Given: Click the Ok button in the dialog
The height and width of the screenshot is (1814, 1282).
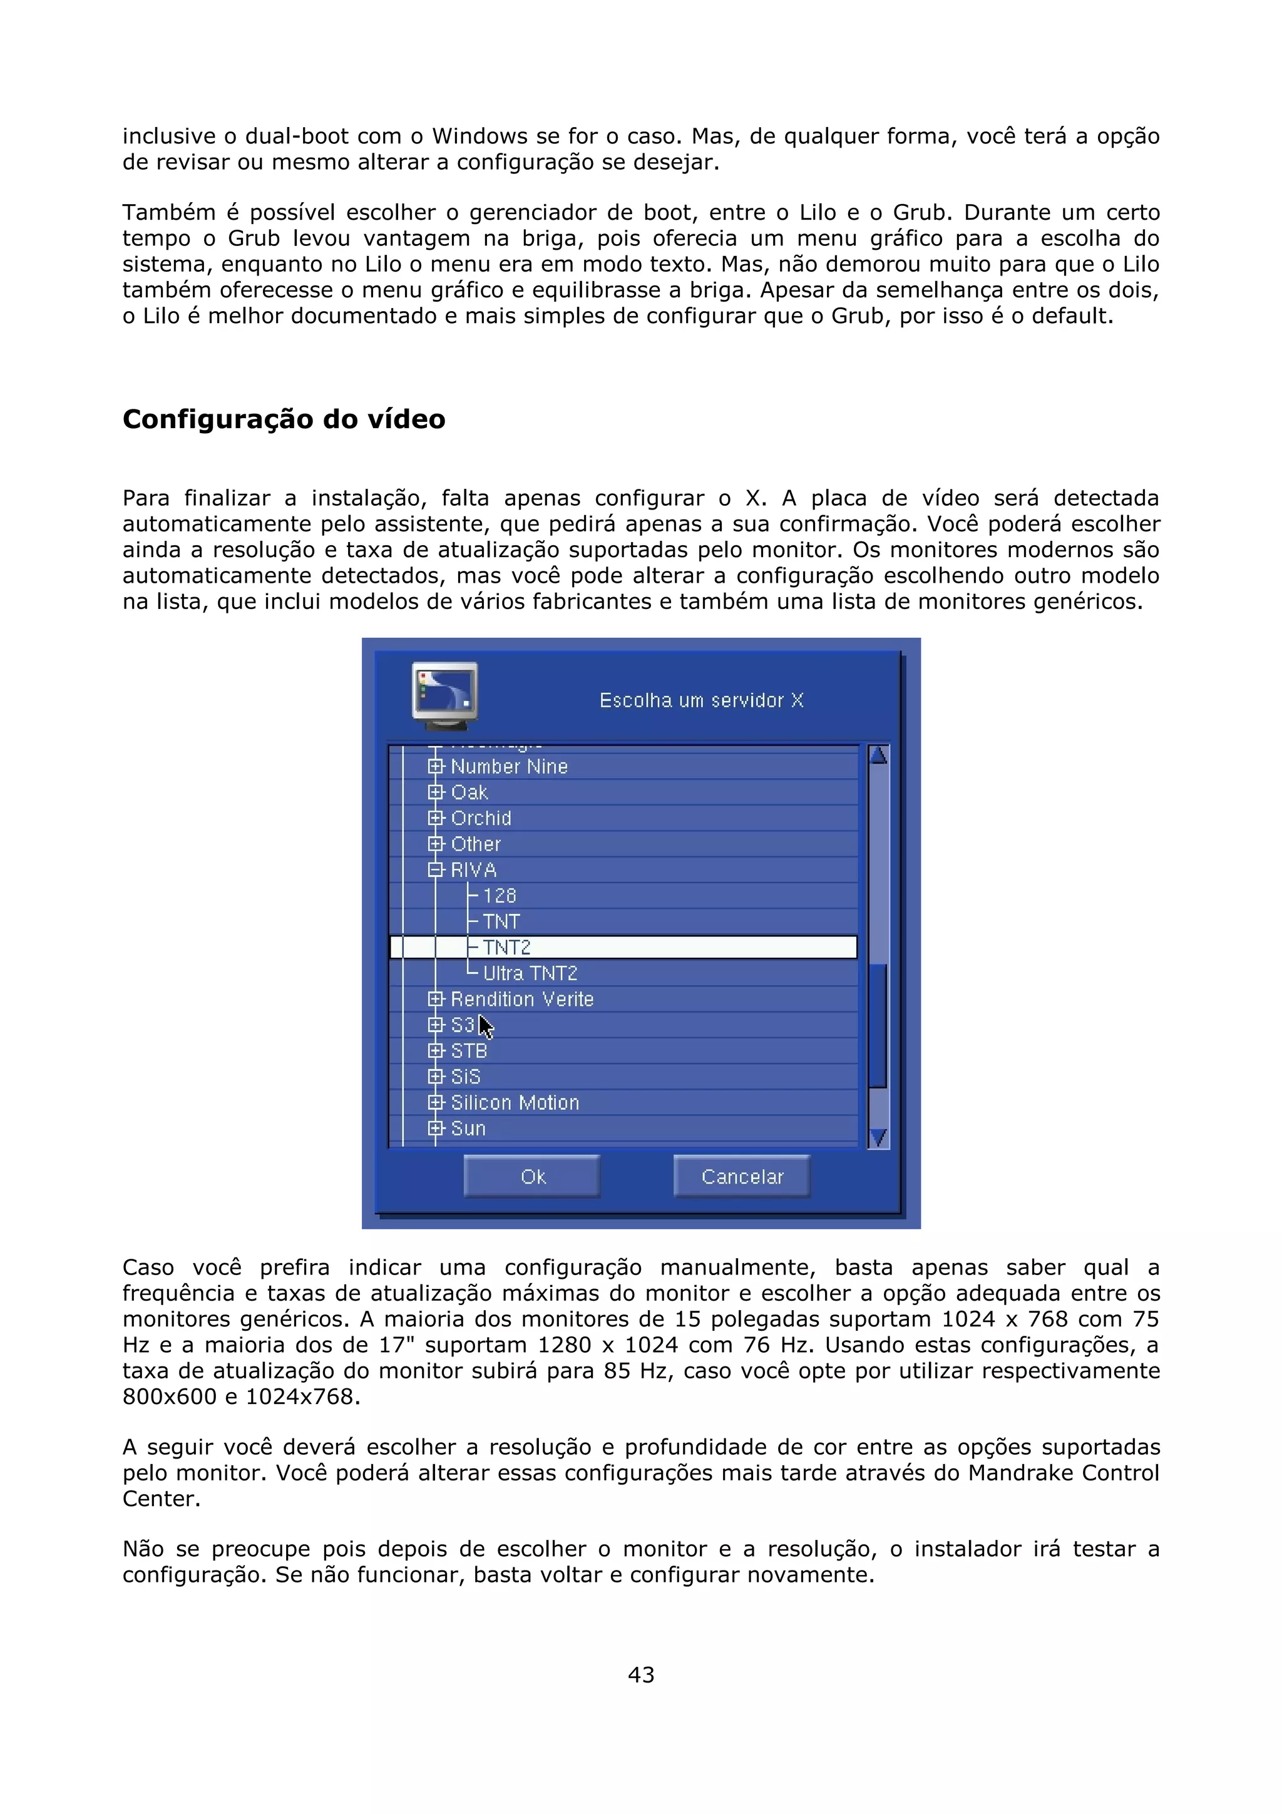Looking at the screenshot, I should coord(531,1176).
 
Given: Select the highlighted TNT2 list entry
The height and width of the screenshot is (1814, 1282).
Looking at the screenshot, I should coord(507,946).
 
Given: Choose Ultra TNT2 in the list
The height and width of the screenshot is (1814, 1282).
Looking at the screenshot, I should coord(530,973).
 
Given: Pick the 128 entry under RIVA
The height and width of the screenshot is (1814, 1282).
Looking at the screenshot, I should coord(499,895).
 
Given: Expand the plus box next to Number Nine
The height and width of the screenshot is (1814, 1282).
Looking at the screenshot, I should coord(435,766).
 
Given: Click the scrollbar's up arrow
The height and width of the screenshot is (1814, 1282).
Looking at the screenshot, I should coord(878,756).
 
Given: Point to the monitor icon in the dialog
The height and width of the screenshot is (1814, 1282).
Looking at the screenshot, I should coord(444,694).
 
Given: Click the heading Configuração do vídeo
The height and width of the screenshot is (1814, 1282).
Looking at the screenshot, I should coord(284,419).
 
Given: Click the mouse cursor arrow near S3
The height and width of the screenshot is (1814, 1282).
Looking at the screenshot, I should coord(485,1027).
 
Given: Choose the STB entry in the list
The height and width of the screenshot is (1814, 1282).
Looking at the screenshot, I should coord(468,1051).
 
